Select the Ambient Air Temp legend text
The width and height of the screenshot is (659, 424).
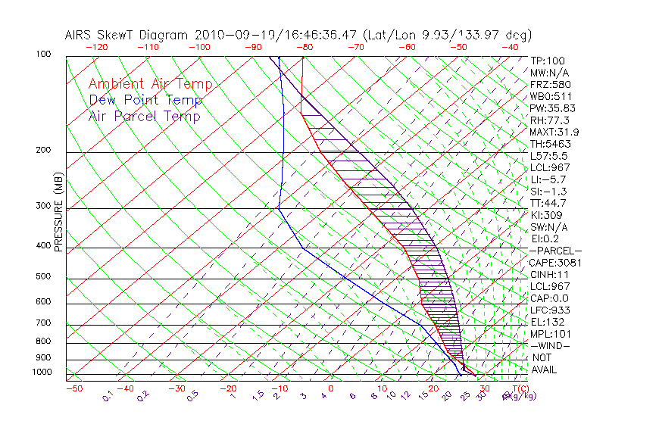[x=150, y=84]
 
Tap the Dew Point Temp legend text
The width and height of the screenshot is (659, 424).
[x=145, y=100]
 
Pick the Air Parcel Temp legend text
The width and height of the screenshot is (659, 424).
[x=145, y=116]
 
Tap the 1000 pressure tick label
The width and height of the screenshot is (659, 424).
[x=42, y=372]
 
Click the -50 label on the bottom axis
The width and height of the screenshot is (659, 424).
[x=74, y=388]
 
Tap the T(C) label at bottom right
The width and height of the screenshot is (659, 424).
[x=517, y=388]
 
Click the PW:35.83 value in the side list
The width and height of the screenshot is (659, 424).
[x=552, y=108]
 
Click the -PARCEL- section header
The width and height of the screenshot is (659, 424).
[x=555, y=251]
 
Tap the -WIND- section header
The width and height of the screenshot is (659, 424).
[x=551, y=345]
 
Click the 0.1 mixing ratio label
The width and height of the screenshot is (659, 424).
[x=108, y=396]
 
